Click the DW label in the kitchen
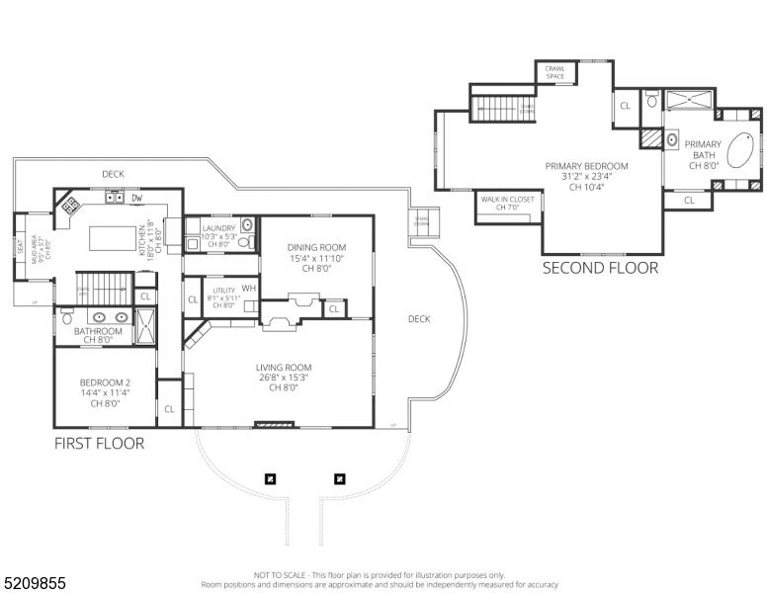coord(136,198)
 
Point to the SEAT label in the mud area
coord(20,242)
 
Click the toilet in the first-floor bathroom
coord(66,318)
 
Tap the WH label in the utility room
coord(248,288)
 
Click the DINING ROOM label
coord(316,247)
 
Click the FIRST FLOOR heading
coord(99,444)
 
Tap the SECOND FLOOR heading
coord(600,268)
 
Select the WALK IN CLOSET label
coord(507,200)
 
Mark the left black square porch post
coord(270,479)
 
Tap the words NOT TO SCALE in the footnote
coord(282,574)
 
